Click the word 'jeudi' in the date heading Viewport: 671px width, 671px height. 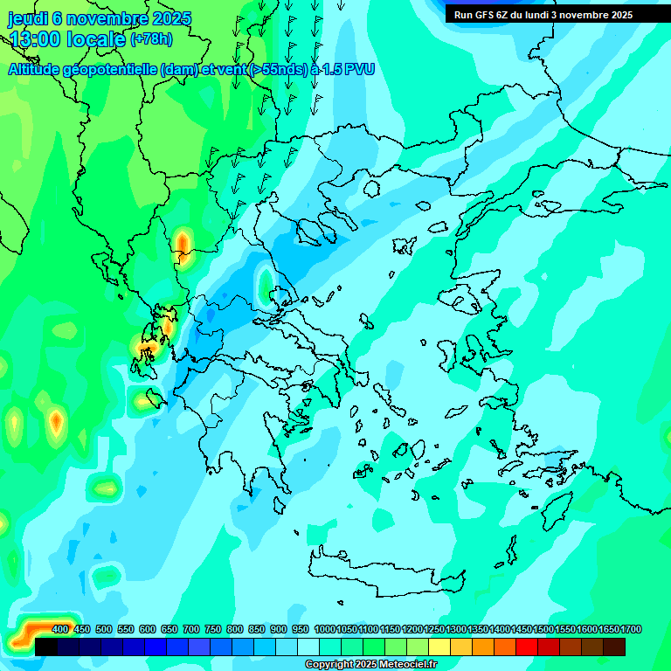tap(27, 18)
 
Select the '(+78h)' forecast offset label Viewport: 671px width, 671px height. tap(151, 38)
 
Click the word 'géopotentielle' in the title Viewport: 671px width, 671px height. tap(109, 69)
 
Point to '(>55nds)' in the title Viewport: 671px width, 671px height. tap(279, 69)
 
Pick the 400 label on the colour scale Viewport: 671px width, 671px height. tap(60, 629)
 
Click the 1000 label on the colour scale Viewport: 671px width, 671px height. tap(324, 629)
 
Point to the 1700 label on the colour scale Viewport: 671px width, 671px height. tap(608, 629)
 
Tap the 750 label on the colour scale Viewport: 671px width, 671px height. tap(213, 629)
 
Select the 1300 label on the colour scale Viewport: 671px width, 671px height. tap(455, 629)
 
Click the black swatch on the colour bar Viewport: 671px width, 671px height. tap(46, 647)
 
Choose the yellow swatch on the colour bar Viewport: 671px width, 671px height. tap(440, 647)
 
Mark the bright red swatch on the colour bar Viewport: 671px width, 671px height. tap(527, 647)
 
